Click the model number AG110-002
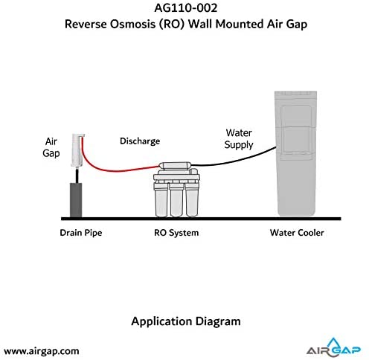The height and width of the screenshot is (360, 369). click(186, 8)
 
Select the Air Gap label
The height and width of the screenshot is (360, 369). click(51, 147)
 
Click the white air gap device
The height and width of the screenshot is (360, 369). click(77, 150)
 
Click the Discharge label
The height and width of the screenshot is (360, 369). click(140, 141)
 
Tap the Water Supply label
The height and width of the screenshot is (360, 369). click(239, 139)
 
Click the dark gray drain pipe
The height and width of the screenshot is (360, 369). click(76, 200)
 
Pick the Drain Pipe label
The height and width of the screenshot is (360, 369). click(81, 233)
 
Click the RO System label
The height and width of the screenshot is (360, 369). click(176, 233)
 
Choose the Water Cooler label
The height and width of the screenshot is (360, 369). click(297, 233)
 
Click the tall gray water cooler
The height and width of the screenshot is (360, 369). click(295, 154)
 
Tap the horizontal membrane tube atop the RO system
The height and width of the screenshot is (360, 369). click(176, 165)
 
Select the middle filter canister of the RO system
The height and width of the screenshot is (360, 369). click(176, 200)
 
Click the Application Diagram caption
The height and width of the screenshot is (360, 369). click(186, 321)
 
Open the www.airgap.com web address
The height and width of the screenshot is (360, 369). click(42, 351)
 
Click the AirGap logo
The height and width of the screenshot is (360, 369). click(333, 347)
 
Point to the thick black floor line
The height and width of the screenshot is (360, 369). click(201, 219)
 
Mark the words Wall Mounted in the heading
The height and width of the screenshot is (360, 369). click(226, 25)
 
